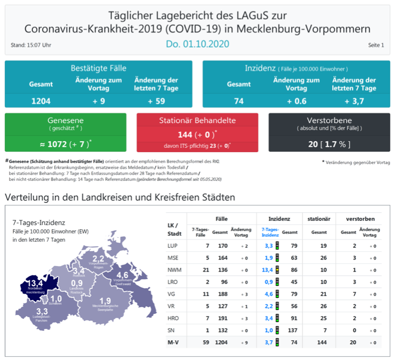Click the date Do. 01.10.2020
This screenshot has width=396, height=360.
click(198, 43)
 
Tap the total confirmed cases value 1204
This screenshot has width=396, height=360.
click(41, 101)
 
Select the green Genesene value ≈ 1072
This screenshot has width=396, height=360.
click(65, 143)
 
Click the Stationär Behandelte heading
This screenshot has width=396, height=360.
click(197, 120)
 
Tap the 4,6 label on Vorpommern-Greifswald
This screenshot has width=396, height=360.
click(122, 275)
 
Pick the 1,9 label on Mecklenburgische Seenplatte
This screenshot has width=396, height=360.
click(105, 300)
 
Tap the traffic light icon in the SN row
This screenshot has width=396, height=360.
click(278, 330)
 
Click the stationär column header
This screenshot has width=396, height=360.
click(319, 218)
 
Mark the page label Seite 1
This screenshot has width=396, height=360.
click(376, 45)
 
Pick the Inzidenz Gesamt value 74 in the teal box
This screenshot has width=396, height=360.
click(239, 101)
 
